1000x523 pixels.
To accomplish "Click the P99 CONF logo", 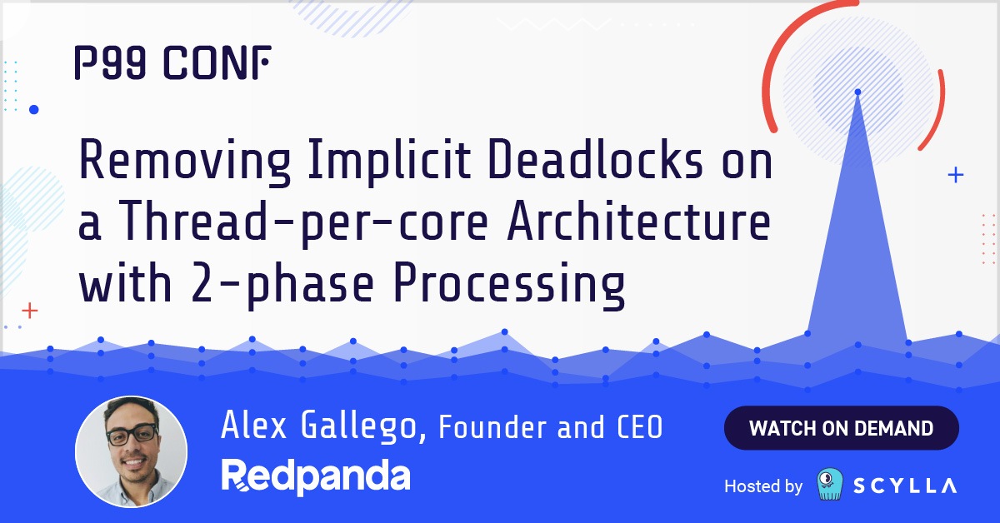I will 172,63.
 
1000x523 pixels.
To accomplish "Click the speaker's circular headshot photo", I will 131,451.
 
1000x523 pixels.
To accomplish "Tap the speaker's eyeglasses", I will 132,433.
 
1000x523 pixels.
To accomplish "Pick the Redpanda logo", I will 316,476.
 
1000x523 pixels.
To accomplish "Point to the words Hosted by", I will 763,486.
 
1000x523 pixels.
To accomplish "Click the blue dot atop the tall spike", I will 857,92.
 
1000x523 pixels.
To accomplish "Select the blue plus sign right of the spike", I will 956,175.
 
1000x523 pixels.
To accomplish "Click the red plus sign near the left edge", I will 30,311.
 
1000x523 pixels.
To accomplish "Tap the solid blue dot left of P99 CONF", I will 34,109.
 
